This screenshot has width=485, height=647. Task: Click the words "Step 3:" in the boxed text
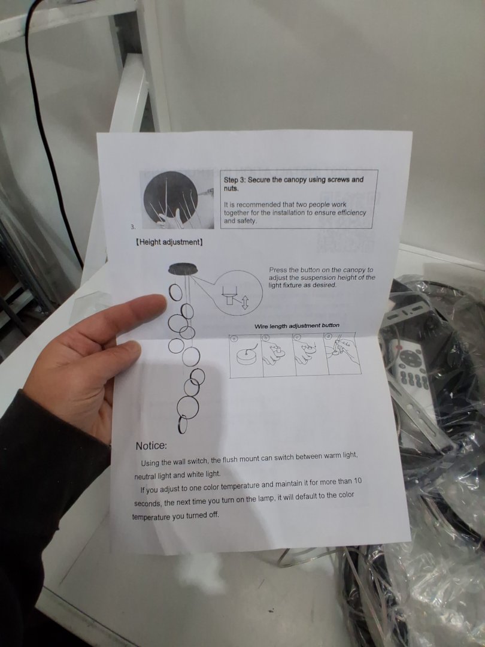tap(235, 180)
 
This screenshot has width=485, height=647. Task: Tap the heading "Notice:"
tap(151, 446)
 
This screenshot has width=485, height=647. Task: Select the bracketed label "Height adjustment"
tap(169, 242)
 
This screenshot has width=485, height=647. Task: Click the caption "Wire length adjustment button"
tap(297, 326)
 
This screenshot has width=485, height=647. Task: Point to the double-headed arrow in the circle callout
tap(244, 302)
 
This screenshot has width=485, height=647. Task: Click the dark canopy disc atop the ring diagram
tap(183, 268)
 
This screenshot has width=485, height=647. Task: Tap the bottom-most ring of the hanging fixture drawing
tap(182, 425)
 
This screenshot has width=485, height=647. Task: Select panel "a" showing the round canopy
tap(246, 355)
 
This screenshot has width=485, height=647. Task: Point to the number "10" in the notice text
tap(357, 480)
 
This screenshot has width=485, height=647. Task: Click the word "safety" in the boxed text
tap(246, 220)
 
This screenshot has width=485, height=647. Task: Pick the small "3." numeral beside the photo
tap(133, 226)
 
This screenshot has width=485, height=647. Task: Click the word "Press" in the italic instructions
tap(278, 270)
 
